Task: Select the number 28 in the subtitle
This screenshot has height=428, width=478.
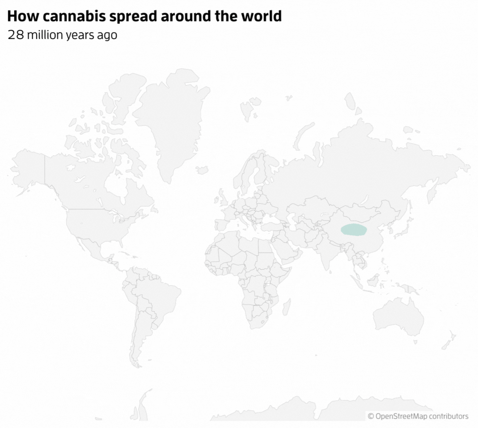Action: (16, 35)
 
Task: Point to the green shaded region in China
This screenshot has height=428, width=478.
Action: (353, 230)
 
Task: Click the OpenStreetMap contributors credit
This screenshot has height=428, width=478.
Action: (418, 416)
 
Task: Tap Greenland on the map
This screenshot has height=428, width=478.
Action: (170, 117)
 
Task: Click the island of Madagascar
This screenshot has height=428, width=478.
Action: (287, 308)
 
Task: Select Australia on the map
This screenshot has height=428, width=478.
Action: (398, 317)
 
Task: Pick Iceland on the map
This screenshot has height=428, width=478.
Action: (201, 170)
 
